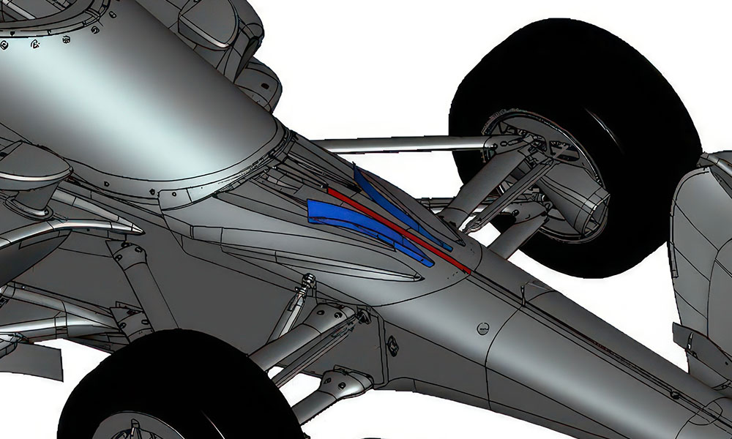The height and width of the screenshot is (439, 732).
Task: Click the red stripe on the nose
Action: tap(395, 228)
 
